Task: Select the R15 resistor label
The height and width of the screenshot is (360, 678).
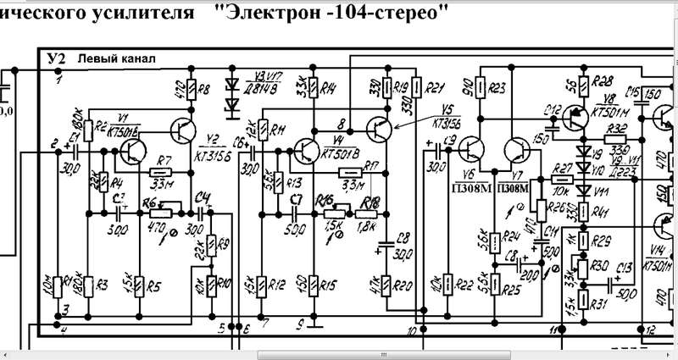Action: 330,285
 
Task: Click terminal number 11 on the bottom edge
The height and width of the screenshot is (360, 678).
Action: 555,329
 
